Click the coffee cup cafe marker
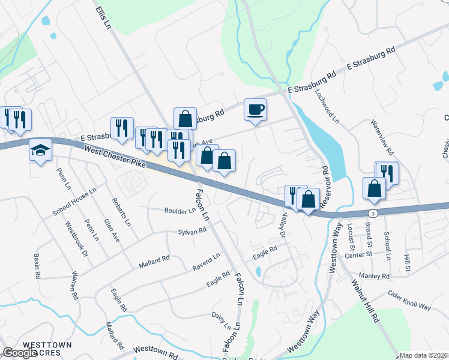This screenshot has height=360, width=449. point(255,110)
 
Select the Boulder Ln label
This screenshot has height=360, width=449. point(180,211)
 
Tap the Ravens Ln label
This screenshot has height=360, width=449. point(206,260)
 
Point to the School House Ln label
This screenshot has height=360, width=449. point(74,203)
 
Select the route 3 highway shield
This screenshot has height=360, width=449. point(373,213)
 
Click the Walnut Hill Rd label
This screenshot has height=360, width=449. point(366,299)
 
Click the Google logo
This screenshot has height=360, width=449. point(20,353)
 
